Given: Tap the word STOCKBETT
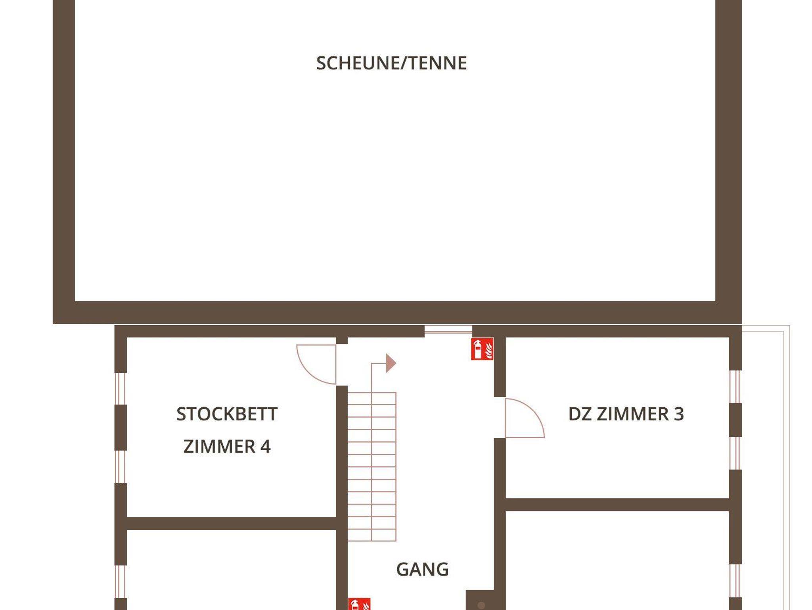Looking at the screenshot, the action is click(x=227, y=414).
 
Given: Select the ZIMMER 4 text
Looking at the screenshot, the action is click(x=227, y=447).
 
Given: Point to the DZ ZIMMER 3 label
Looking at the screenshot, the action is click(x=626, y=414).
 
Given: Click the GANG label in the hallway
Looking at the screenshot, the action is click(x=422, y=570).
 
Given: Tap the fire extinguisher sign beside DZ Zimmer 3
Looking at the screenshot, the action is click(x=482, y=349).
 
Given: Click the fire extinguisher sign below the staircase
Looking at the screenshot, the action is click(x=359, y=604).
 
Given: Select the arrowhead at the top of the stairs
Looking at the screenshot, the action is click(x=391, y=363).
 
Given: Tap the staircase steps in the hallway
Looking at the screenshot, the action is click(x=372, y=466).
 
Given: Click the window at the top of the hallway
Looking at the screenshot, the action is click(x=448, y=330).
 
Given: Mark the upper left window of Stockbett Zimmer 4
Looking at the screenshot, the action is click(x=121, y=389).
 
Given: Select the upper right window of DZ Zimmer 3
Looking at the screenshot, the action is click(x=735, y=387).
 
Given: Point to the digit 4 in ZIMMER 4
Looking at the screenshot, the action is click(x=265, y=447).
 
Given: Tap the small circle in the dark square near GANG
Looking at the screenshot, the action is click(x=481, y=605).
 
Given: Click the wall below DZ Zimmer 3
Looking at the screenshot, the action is click(x=618, y=504).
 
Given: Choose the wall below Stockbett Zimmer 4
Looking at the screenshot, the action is click(x=231, y=524).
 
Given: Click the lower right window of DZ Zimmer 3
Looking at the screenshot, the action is click(x=735, y=453).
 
